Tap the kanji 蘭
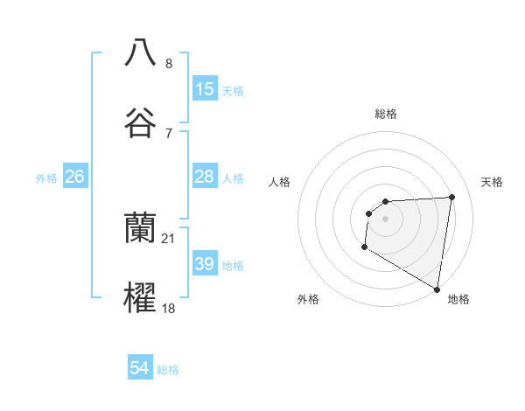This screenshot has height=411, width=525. [140, 228]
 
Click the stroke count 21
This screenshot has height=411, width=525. [169, 238]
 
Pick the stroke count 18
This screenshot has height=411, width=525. [169, 309]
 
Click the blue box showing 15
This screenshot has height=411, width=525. [205, 88]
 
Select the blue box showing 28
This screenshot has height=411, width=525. [205, 177]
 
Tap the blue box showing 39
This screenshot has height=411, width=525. [205, 264]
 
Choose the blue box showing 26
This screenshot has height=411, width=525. [74, 177]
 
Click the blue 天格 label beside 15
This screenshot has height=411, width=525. [233, 90]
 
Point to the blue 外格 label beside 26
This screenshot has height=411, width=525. [46, 178]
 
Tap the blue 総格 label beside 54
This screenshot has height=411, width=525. [168, 371]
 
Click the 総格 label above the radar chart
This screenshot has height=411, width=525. [386, 114]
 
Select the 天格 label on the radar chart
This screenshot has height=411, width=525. [493, 182]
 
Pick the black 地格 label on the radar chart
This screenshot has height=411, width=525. [458, 299]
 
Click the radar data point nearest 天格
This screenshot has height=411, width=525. [452, 197]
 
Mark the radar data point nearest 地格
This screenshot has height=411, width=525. [437, 289]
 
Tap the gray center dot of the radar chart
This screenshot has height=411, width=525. [386, 219]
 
